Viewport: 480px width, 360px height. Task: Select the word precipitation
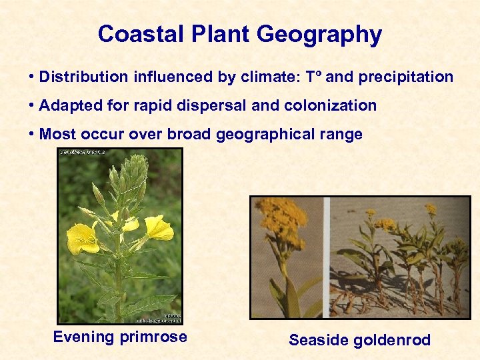pyautogui.click(x=405, y=77)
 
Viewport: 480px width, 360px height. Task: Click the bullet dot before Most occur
pyautogui.click(x=32, y=134)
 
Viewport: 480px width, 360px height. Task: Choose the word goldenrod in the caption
pyautogui.click(x=389, y=340)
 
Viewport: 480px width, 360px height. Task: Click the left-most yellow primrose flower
pyautogui.click(x=81, y=239)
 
